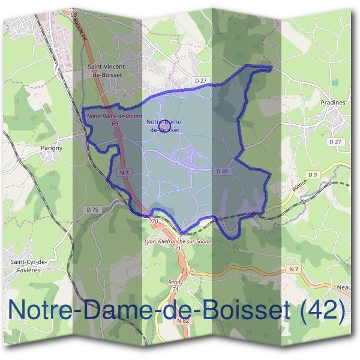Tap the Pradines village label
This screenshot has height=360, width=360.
[x=333, y=103]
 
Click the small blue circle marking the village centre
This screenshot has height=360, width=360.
[x=164, y=127]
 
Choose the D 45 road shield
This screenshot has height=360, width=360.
[x=222, y=171]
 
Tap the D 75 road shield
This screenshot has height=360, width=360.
[x=92, y=209]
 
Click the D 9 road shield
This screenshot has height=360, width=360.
[x=311, y=175]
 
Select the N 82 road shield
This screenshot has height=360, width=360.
[x=184, y=321]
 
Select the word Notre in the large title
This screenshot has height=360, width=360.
[x=44, y=310]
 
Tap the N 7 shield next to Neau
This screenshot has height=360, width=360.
[x=293, y=269]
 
